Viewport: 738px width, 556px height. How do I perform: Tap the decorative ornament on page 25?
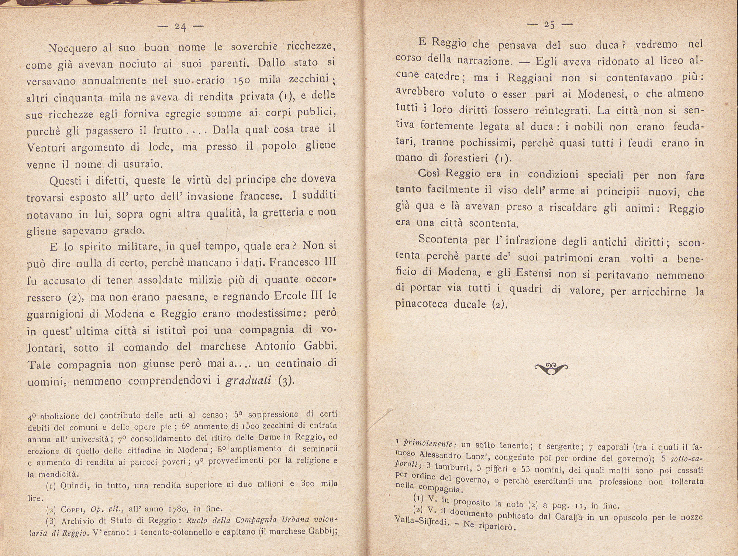pos(551,368)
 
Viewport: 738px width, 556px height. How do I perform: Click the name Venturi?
pos(46,147)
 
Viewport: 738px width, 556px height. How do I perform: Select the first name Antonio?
pos(275,347)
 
